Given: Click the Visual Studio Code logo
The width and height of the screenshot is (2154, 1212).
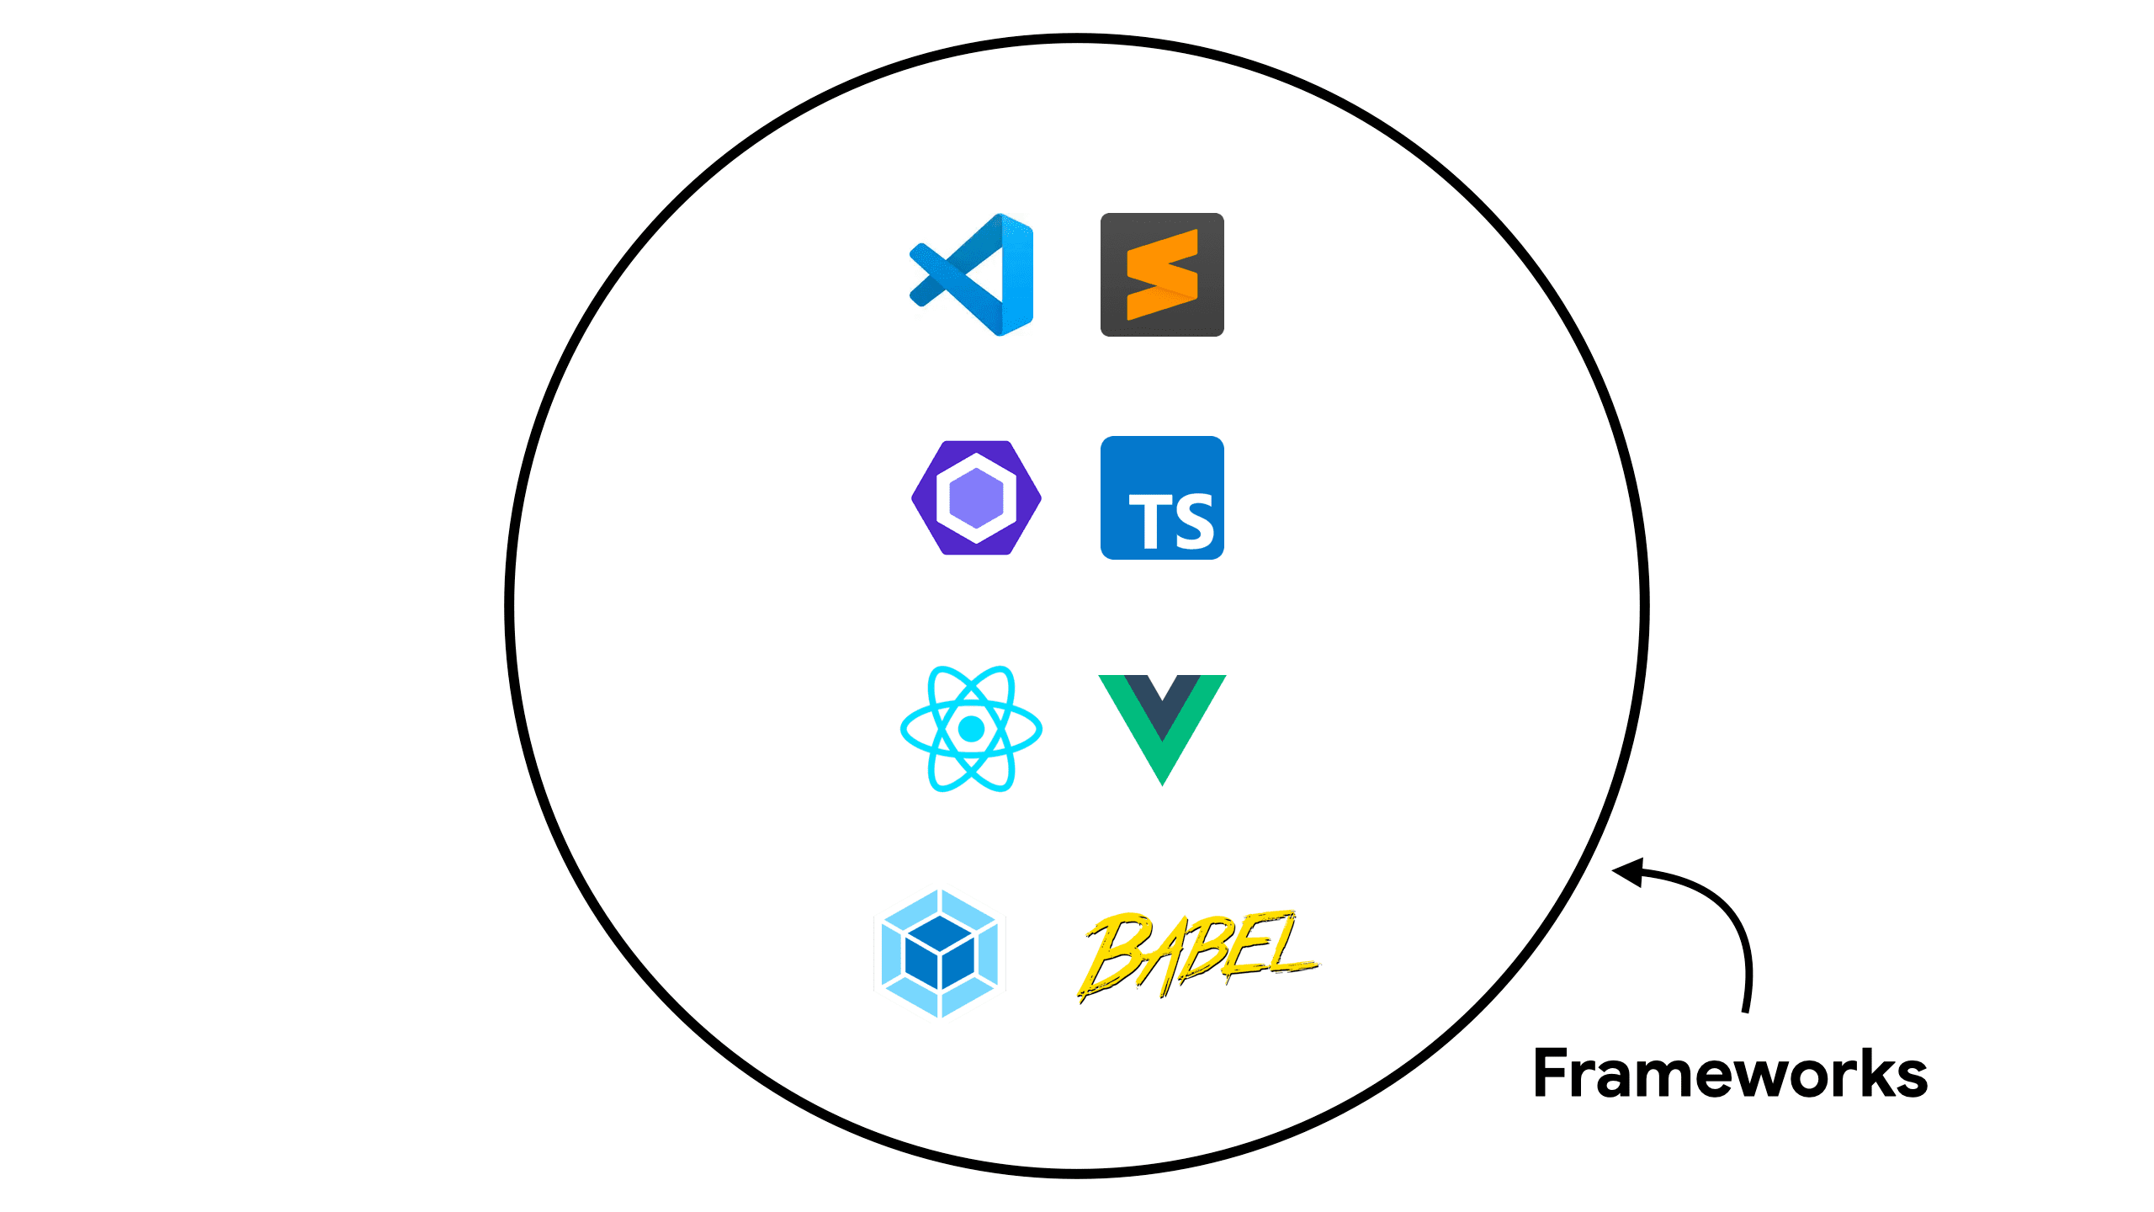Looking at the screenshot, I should click(973, 274).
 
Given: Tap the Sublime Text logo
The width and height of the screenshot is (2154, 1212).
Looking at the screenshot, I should click(1162, 274).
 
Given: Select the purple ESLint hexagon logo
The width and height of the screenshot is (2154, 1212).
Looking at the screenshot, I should click(976, 497).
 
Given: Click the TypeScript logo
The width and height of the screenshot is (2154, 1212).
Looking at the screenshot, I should click(1162, 497).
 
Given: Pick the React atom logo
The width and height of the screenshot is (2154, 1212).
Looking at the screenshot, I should click(971, 729).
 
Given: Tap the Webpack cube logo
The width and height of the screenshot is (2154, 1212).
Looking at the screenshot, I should click(939, 954).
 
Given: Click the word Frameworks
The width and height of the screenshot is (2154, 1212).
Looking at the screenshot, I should click(1730, 1074).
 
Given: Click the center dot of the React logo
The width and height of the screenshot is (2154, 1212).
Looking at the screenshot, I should click(971, 729).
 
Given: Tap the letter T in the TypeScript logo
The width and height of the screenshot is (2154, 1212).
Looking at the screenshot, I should click(1147, 522).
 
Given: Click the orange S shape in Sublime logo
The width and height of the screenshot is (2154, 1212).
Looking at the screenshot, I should click(1162, 274).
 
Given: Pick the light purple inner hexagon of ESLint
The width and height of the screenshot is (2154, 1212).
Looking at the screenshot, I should click(976, 497).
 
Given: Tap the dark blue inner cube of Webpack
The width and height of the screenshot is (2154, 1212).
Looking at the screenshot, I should click(939, 958).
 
